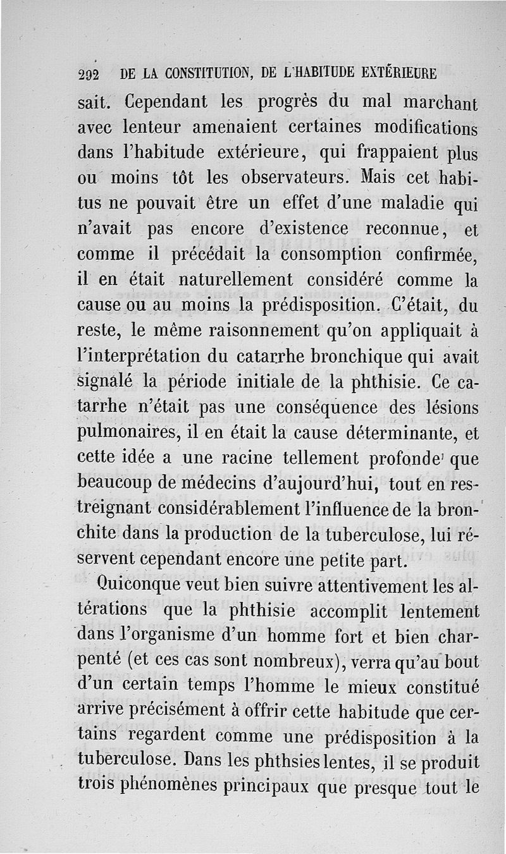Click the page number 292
point(90,73)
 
